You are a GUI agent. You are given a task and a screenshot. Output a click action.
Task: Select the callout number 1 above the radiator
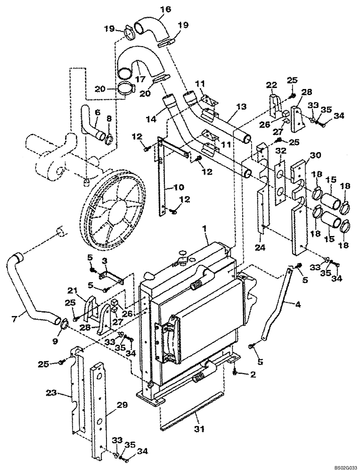tap(205, 228)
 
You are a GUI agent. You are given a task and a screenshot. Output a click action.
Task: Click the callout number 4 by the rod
tap(298, 304)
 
